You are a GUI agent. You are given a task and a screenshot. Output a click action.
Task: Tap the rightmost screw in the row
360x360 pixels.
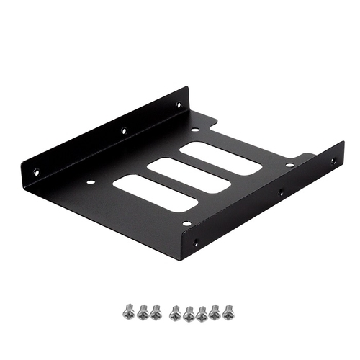(x=228, y=311)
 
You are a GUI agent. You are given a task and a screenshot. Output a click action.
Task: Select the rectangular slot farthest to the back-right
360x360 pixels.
(x=220, y=158)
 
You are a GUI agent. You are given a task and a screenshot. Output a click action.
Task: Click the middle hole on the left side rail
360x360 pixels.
(x=123, y=131)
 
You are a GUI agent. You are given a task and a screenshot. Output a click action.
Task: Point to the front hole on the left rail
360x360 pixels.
(x=35, y=171)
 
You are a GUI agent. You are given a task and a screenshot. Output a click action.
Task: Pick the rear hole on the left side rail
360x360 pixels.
(x=179, y=105)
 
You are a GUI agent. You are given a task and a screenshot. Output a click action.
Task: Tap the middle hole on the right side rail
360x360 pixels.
(x=282, y=192)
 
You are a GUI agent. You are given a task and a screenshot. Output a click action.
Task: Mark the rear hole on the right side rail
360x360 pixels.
(x=333, y=161)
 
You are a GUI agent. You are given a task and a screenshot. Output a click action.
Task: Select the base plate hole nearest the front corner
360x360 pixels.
(x=186, y=223)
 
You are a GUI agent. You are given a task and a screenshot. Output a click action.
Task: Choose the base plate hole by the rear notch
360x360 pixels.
(x=194, y=130)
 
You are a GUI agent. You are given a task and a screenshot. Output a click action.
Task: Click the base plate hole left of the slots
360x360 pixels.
(x=89, y=181)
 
